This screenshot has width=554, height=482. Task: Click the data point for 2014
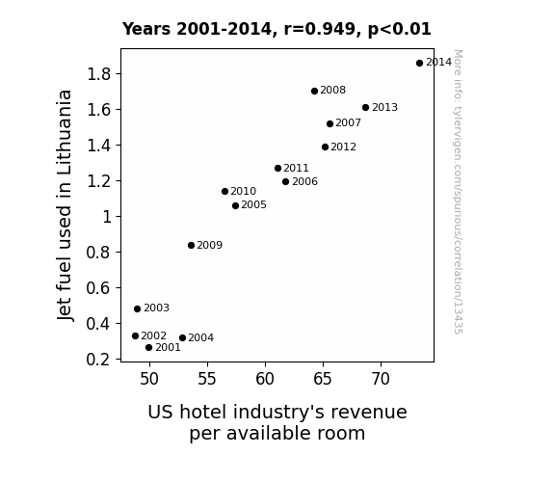point(419,64)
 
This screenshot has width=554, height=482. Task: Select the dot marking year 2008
point(314,92)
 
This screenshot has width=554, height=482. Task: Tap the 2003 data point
point(138,309)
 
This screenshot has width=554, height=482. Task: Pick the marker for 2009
point(191,246)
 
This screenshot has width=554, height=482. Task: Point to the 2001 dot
point(148,348)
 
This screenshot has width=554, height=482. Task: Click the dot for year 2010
point(225,191)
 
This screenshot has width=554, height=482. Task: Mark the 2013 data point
point(366,108)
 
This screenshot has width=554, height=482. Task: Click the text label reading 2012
point(343,147)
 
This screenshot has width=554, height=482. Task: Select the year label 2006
point(304,182)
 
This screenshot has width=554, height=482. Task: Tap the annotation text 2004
point(201,337)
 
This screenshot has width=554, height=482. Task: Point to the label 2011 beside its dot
point(296,168)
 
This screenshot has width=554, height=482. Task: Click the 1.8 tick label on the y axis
point(99,74)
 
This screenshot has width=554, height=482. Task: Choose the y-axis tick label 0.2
point(98,360)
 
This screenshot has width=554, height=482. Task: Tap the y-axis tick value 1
point(107,217)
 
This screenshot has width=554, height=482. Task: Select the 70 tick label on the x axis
point(381,379)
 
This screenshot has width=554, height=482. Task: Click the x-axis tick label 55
point(207,379)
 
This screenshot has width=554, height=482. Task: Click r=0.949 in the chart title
point(321,29)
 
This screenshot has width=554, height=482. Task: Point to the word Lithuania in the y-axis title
point(64,133)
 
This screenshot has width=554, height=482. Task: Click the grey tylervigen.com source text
point(458,192)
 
